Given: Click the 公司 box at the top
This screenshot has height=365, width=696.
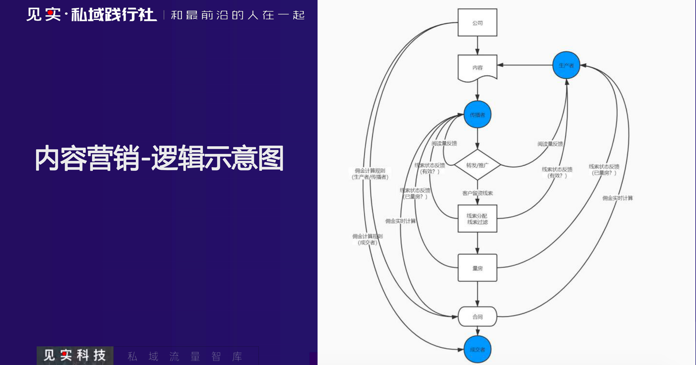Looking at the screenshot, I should coord(477,23).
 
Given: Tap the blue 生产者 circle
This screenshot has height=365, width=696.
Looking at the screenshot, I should coord(566,65).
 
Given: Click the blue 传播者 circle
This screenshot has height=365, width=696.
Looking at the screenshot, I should coord(477,115).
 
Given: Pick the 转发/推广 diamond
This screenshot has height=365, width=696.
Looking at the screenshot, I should coord(477,165).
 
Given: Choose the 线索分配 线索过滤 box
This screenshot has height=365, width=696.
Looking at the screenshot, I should coord(477,219).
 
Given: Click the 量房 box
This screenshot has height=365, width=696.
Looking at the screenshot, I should coord(477,268).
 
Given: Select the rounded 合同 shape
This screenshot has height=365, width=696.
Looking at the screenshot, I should coord(477,317).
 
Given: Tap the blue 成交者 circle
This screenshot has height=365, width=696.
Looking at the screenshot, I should coord(477,349).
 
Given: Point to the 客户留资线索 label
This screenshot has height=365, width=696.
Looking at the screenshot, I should coord(477,193).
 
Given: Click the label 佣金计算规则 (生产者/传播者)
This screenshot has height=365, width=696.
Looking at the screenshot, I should coord(370,174).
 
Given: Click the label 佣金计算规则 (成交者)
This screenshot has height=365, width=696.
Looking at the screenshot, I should coord(367,239).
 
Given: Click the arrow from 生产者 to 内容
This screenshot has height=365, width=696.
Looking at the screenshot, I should coord(525,65).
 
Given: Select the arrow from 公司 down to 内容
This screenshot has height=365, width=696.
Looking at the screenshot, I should coord(477,45).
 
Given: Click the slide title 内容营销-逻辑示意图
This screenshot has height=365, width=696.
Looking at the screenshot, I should coord(159,158).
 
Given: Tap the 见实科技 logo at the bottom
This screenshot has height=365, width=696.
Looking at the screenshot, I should coord(75,355).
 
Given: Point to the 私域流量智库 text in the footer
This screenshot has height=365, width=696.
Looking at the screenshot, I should coord(185,356).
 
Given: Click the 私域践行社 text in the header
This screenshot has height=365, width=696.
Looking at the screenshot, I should coord(114,15).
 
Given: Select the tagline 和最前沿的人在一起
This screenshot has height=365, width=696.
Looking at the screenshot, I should coord(238,15).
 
